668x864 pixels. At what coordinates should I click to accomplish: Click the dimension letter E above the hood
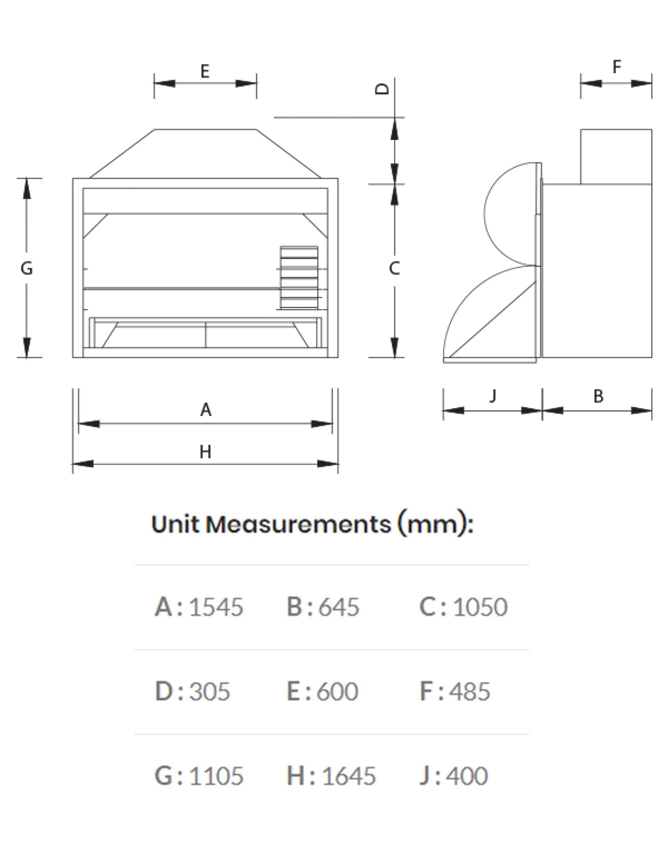click(205, 71)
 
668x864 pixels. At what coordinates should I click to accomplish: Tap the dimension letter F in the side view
click(617, 67)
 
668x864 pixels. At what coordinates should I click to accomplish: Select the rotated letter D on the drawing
click(382, 89)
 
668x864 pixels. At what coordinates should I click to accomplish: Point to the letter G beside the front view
click(27, 268)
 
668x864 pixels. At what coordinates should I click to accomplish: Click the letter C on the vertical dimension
click(394, 268)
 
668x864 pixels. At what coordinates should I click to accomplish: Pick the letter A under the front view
click(206, 410)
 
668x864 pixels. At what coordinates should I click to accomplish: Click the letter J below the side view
click(493, 396)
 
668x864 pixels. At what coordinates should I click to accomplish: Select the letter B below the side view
click(598, 396)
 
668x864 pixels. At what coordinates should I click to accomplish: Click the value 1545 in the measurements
click(216, 607)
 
